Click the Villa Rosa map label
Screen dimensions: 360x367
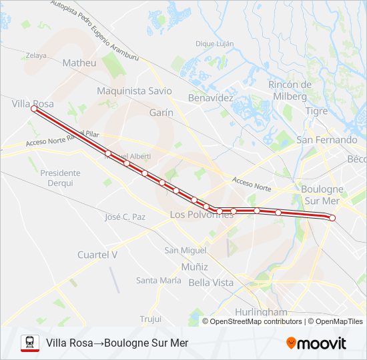(x=33, y=104)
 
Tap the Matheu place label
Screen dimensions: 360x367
(x=79, y=63)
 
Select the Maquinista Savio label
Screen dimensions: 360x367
(x=134, y=91)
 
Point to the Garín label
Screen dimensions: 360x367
(x=161, y=113)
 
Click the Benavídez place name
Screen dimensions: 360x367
(x=211, y=97)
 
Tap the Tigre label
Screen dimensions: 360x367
(x=316, y=111)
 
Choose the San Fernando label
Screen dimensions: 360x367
(x=327, y=140)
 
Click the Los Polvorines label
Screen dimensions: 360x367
(x=202, y=215)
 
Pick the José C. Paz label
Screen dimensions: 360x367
(x=125, y=217)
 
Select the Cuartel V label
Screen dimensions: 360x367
(x=97, y=255)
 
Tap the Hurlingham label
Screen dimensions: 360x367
(x=261, y=312)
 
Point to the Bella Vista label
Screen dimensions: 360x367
(x=212, y=283)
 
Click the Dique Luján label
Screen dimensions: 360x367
(x=214, y=43)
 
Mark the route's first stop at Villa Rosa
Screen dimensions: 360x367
(x=33, y=110)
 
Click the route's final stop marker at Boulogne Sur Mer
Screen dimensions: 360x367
(x=332, y=218)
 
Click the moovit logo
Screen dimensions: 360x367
(x=316, y=343)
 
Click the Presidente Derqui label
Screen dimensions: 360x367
(x=60, y=177)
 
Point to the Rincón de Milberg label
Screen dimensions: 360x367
(x=290, y=90)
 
